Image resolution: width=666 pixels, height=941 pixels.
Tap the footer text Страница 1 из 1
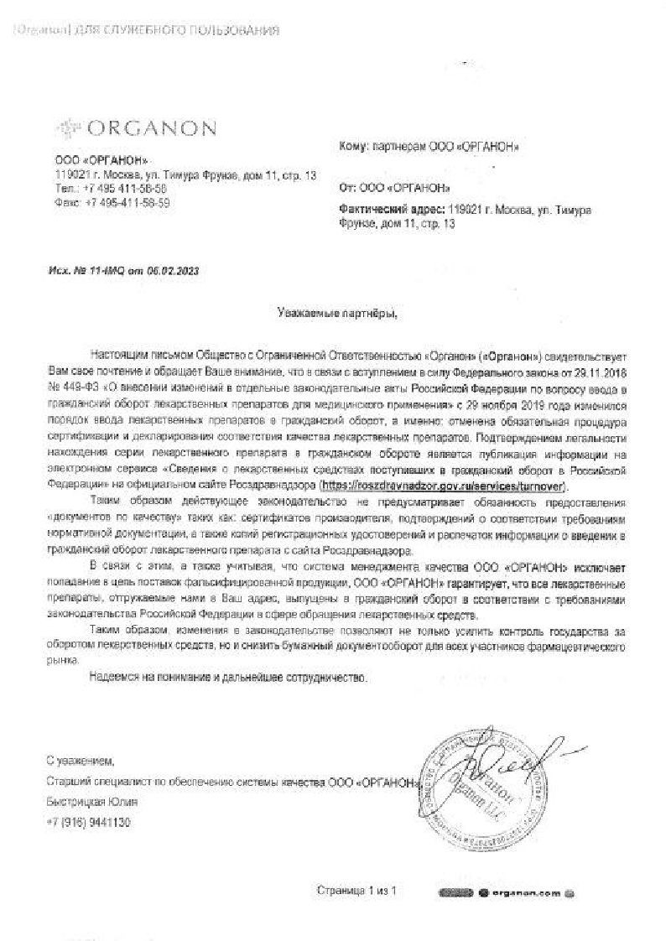coord(356,889)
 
